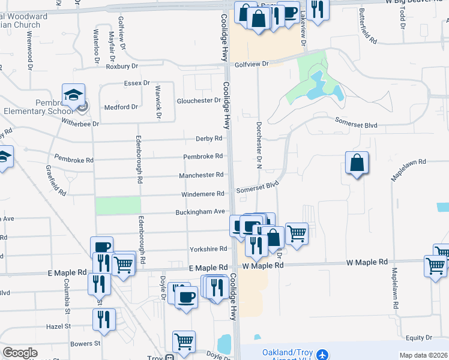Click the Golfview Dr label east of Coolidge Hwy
[x=251, y=63]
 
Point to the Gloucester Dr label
[x=199, y=101]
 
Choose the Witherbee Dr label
[x=79, y=122]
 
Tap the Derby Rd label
[x=209, y=139]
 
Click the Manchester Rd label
[x=201, y=175]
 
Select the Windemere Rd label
[x=204, y=194]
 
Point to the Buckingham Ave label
[x=200, y=212]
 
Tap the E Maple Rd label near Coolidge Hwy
[x=208, y=268]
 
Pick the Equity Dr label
[x=419, y=338]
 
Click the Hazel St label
[x=59, y=326]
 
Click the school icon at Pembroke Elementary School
[x=73, y=95]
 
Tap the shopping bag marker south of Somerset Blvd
[x=357, y=163]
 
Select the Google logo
[x=20, y=352]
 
